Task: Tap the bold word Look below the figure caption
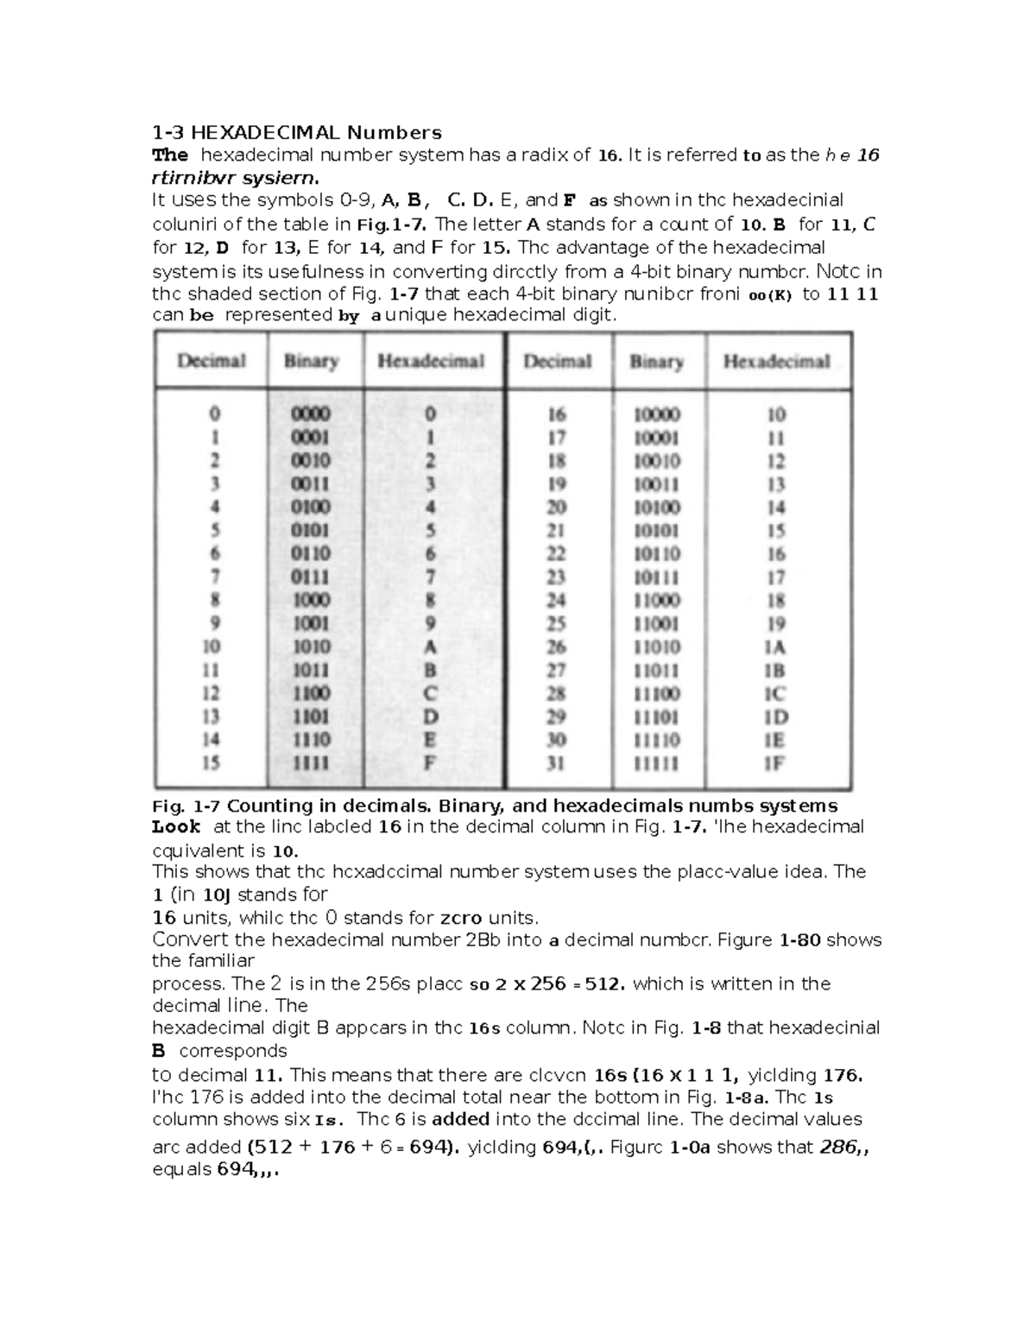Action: coord(176,826)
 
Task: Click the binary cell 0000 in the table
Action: coord(311,414)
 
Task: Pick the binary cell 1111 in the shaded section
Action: coord(311,762)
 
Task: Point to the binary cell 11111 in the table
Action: coord(656,763)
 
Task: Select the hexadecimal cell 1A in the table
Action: coord(775,647)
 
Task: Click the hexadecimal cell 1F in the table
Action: coord(775,763)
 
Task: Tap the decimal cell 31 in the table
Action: coord(557,763)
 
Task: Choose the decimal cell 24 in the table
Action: coord(557,600)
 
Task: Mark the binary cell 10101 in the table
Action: coord(656,530)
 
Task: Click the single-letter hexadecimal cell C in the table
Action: coord(430,693)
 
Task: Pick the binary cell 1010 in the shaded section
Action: coord(311,647)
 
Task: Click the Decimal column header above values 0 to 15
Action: coord(212,361)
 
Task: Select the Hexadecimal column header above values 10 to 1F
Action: coord(776,361)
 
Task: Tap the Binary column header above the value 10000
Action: coord(656,361)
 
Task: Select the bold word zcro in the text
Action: coord(462,917)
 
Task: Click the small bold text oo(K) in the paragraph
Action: coord(769,294)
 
